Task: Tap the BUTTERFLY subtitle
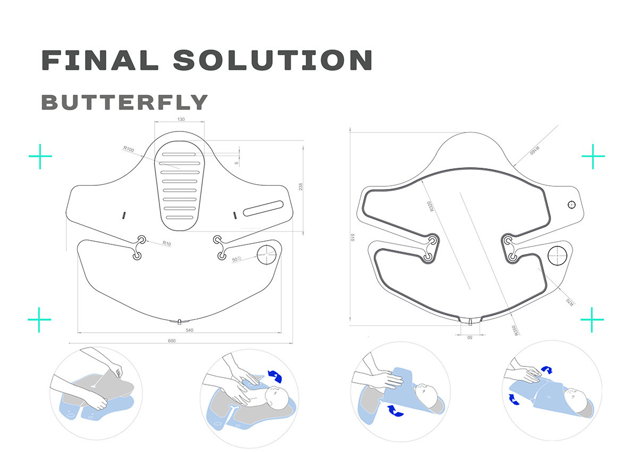point(124,102)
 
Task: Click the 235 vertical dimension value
point(300,186)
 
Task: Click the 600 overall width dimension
point(172,341)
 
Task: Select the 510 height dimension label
point(352,237)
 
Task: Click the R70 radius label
point(569,302)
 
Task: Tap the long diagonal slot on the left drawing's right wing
point(264,208)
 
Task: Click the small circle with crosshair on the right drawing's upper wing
point(572,204)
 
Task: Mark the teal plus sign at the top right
point(593,157)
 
